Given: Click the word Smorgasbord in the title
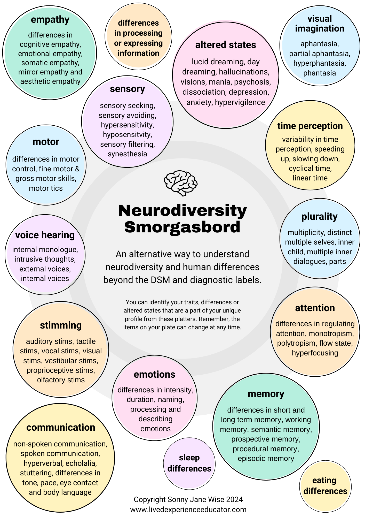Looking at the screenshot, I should [182, 227].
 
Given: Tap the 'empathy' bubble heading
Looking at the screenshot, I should [50, 20].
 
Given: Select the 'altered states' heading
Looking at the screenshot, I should [226, 45].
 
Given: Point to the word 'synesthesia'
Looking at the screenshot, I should [127, 154].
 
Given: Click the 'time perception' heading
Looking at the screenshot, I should [310, 126].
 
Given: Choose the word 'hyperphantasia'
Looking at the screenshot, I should [320, 63].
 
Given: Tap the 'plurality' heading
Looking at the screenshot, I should [319, 217].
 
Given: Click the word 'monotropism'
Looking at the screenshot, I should [331, 334].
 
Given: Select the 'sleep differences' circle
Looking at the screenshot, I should [189, 463].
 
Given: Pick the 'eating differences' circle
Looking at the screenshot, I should [325, 486].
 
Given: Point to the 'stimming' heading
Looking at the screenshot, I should [61, 325].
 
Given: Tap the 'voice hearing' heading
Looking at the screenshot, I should [45, 235].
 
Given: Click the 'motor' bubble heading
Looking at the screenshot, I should [46, 142].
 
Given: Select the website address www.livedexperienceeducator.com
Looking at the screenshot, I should [188, 510].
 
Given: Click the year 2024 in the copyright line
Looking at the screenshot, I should [234, 499].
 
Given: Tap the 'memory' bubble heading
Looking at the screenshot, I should [266, 394].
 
